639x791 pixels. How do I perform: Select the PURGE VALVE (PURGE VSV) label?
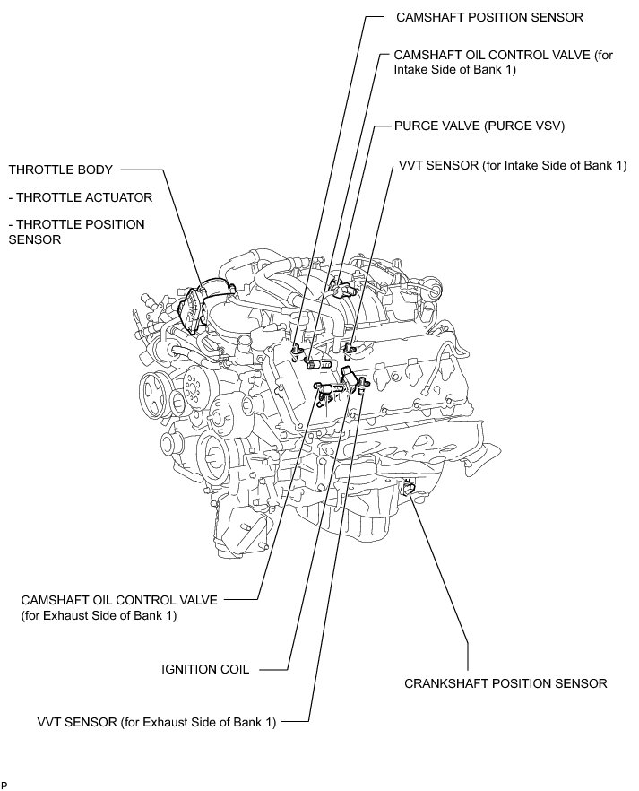(x=479, y=126)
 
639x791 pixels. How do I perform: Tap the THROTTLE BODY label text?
(x=57, y=169)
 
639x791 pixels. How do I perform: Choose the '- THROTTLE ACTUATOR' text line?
(x=81, y=196)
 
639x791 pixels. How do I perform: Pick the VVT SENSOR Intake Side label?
(x=509, y=166)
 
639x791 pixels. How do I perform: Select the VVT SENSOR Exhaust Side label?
(x=158, y=720)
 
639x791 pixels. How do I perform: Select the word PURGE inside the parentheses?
(x=504, y=126)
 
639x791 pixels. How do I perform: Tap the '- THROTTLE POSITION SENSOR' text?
(x=76, y=231)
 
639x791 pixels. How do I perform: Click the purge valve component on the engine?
(x=338, y=288)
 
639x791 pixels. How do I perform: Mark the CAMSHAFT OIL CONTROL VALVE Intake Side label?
(x=505, y=62)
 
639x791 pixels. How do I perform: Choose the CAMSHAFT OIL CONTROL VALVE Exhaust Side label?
(x=118, y=608)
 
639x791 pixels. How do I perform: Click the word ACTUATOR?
(x=120, y=196)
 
